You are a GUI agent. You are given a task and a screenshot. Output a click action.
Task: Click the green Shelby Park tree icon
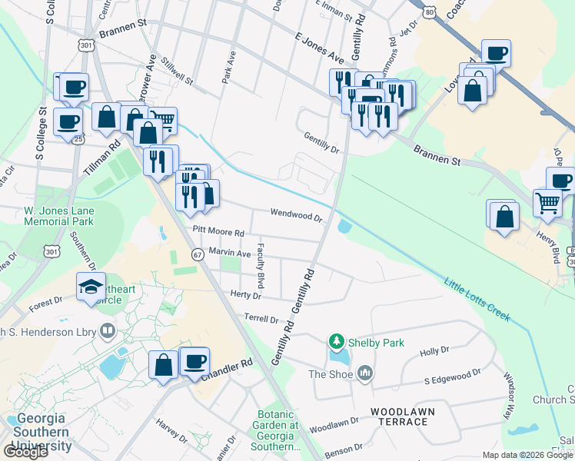coord(336,340)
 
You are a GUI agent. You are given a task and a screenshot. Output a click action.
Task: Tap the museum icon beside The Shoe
coord(364,374)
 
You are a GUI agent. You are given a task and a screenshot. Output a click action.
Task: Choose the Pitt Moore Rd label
coord(218,231)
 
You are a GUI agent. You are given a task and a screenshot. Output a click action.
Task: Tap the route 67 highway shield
coord(198,255)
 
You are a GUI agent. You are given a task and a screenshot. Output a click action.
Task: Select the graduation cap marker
coord(91,287)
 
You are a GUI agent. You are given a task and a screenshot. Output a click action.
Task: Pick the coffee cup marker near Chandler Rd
coord(194,360)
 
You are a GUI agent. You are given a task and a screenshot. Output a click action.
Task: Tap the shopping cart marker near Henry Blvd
coord(547,203)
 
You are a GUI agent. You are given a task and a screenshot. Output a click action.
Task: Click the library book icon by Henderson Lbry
coord(108,331)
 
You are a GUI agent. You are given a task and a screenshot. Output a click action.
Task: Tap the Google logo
coord(25,452)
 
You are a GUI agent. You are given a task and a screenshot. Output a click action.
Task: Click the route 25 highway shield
coord(78,139)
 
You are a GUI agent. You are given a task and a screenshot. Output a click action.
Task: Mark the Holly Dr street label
coord(434,352)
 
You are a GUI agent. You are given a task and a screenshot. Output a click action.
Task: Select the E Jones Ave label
coord(319,46)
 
